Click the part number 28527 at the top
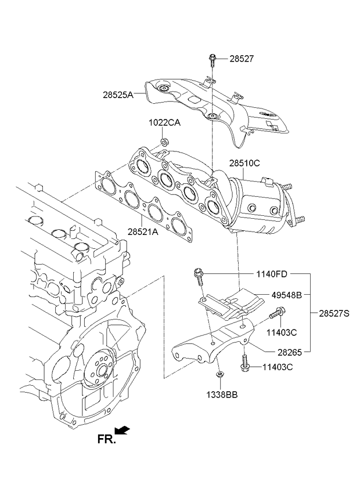click(242, 59)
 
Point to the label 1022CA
click(164, 123)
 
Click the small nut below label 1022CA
click(164, 141)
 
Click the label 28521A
click(143, 230)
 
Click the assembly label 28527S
click(334, 313)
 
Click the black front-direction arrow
click(123, 430)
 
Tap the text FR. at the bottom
click(106, 440)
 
